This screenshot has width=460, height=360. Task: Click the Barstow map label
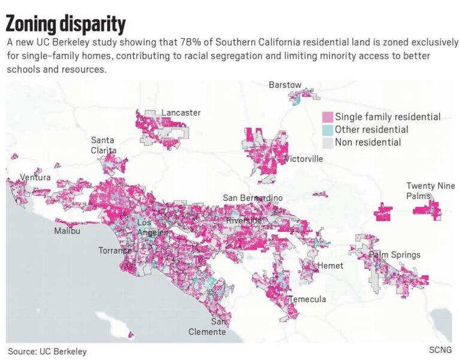point(285,85)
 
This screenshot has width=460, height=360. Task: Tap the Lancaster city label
point(181,113)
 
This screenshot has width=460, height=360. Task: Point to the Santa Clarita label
point(104,145)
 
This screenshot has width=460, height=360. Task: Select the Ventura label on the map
point(35,177)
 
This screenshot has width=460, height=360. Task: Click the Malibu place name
point(67,231)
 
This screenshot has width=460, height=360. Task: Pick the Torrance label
point(115,250)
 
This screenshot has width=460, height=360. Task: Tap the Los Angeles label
point(153,228)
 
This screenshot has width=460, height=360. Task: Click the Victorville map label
point(304,159)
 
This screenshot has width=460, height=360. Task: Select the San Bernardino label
point(253,198)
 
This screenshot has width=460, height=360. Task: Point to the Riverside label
point(244,220)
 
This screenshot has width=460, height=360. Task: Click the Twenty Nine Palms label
point(431,190)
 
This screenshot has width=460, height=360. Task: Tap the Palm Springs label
point(394,255)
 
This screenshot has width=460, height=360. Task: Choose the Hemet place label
point(330,265)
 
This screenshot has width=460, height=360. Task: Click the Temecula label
point(307,299)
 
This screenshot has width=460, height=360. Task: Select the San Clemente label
point(207,326)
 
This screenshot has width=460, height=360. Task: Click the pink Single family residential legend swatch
point(328,117)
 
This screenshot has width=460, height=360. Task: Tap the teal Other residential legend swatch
point(328,129)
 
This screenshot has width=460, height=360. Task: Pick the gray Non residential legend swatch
point(328,143)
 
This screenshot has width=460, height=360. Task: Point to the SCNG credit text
point(440,350)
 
